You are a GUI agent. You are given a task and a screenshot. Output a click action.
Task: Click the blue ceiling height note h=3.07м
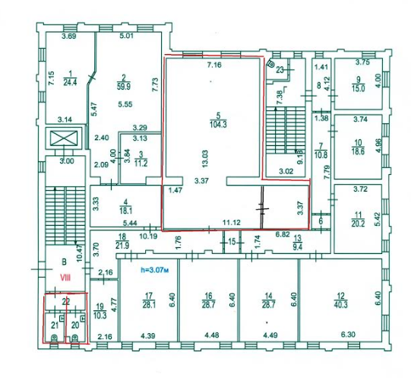[x=154, y=270]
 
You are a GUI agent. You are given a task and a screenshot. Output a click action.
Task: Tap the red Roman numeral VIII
[x=65, y=278]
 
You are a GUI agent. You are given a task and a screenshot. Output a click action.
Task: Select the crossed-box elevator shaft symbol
[x=64, y=138]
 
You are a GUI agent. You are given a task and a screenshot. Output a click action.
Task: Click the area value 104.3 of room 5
[x=218, y=125]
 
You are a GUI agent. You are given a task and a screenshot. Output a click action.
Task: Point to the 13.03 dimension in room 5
[x=204, y=158]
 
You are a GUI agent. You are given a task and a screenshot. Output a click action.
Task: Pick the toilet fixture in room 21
[x=54, y=338]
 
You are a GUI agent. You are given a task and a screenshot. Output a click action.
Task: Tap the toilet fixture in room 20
[x=74, y=338]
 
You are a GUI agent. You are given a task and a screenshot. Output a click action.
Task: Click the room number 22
[x=65, y=302]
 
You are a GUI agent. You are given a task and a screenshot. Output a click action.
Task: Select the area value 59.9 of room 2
[x=124, y=87]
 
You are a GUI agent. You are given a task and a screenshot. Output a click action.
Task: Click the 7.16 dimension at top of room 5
[x=214, y=65]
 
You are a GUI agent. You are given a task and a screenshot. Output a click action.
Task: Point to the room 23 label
[x=280, y=70]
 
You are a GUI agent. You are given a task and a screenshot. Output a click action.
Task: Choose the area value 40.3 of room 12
[x=341, y=305]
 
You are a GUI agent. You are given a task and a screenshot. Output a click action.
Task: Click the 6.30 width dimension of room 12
[x=349, y=335]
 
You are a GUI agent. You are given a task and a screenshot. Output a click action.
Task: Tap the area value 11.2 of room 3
[x=141, y=164]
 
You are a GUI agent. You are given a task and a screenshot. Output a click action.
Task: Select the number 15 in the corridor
[x=232, y=242]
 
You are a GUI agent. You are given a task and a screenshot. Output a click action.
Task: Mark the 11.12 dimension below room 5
[x=231, y=223]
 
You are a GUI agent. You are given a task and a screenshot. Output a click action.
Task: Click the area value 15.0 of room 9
[x=359, y=88]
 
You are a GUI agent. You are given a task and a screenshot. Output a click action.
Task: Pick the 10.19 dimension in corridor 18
[x=148, y=236]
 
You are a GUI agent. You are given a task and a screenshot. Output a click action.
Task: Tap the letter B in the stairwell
[x=64, y=262]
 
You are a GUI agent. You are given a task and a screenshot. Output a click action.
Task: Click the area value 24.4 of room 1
[x=70, y=82]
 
